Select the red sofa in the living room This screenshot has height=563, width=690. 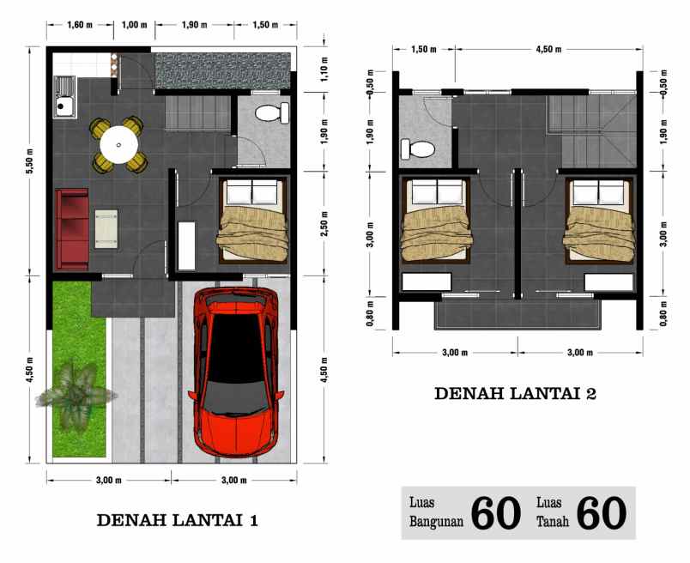pos(71,227)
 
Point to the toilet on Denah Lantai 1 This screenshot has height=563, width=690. pos(272,112)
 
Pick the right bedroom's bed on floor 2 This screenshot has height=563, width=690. pos(600,221)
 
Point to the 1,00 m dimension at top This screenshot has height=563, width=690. pos(134,25)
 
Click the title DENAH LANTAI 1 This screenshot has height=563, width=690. pos(176,520)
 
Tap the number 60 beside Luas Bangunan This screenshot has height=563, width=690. pos(496,512)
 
